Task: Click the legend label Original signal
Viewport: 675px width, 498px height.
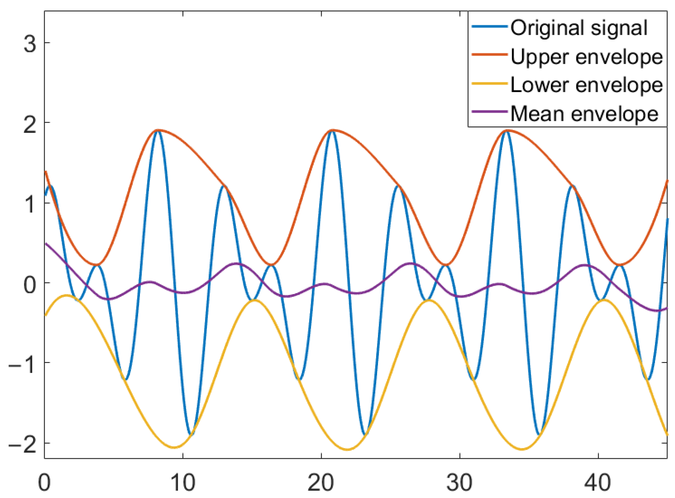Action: coord(579,28)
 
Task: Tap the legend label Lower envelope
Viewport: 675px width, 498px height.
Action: coord(586,85)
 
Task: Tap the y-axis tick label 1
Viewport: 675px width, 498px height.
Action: coord(30,205)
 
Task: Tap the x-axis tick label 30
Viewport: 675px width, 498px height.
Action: coord(459,483)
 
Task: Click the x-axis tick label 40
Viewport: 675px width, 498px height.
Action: coord(598,483)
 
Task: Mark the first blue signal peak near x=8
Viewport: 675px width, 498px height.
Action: coord(157,131)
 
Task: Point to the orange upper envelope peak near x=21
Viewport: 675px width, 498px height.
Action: coord(332,130)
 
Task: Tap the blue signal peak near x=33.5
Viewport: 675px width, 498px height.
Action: coord(506,131)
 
